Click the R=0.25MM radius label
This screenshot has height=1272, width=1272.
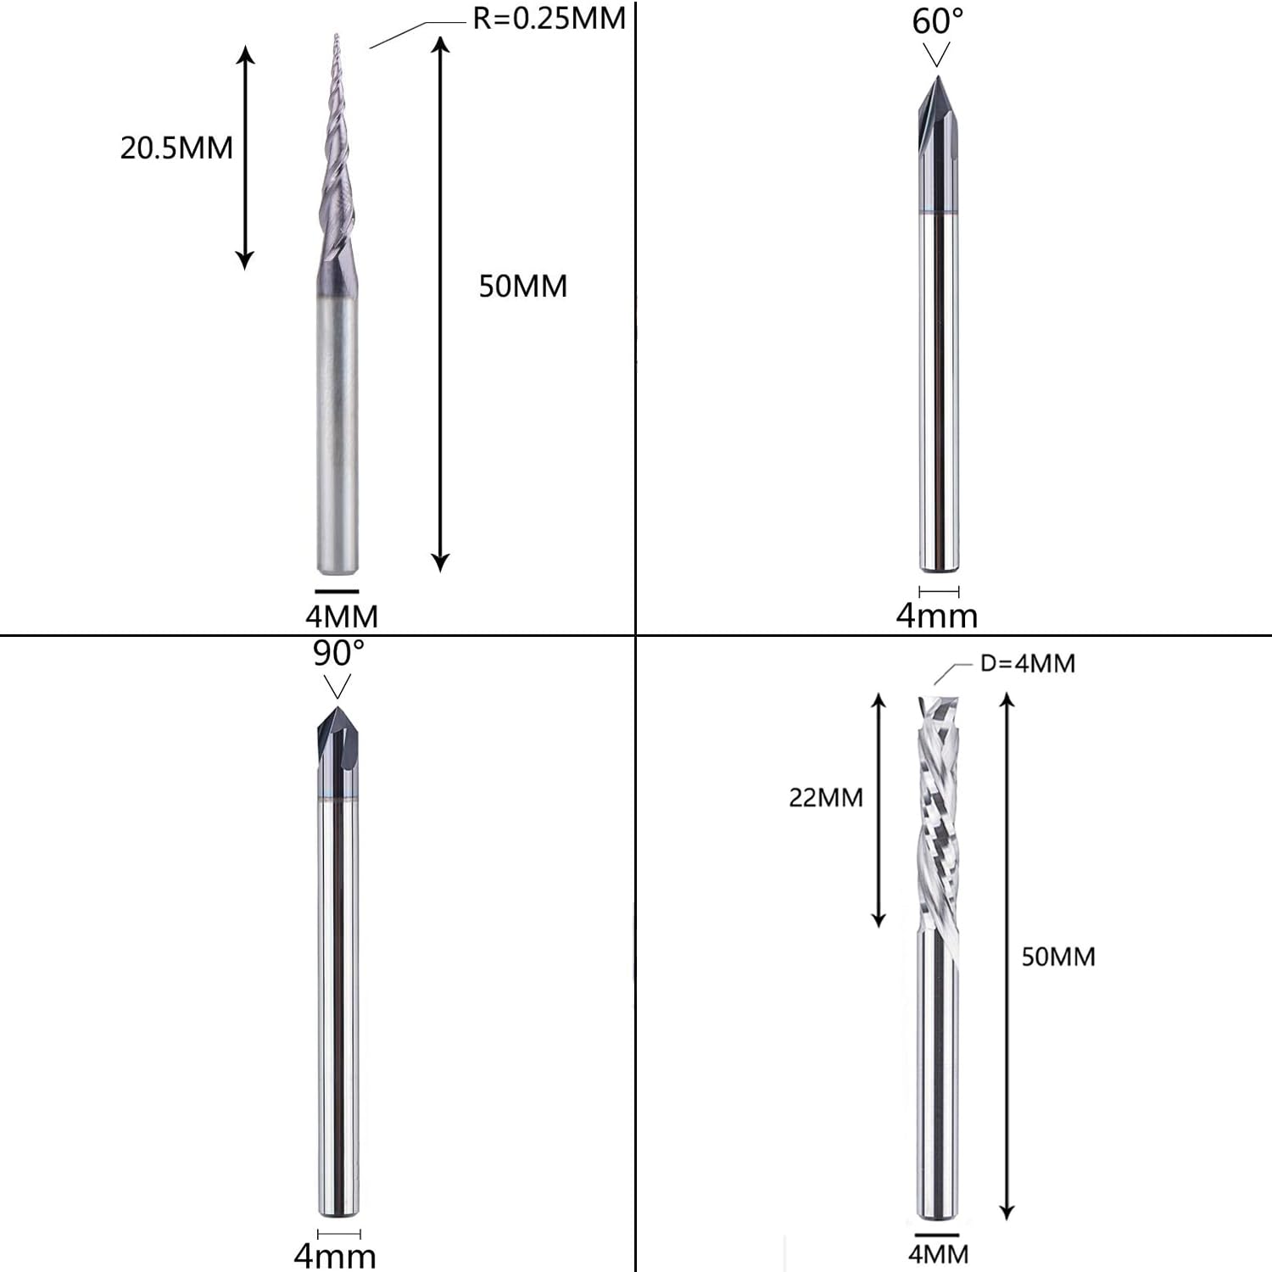tap(549, 18)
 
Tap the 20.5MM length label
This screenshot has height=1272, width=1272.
tap(176, 148)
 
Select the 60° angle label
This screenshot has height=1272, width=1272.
tap(937, 21)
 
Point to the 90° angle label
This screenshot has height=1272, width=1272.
tap(338, 654)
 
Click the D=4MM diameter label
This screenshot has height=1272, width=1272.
tap(1028, 663)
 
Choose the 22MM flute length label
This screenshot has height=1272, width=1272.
tap(826, 797)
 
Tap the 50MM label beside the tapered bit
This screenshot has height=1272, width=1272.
tap(523, 286)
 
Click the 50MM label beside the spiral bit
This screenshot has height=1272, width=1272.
tap(1058, 957)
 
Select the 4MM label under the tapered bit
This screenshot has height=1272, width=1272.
tap(342, 616)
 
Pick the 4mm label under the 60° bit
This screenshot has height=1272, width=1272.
tap(937, 615)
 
